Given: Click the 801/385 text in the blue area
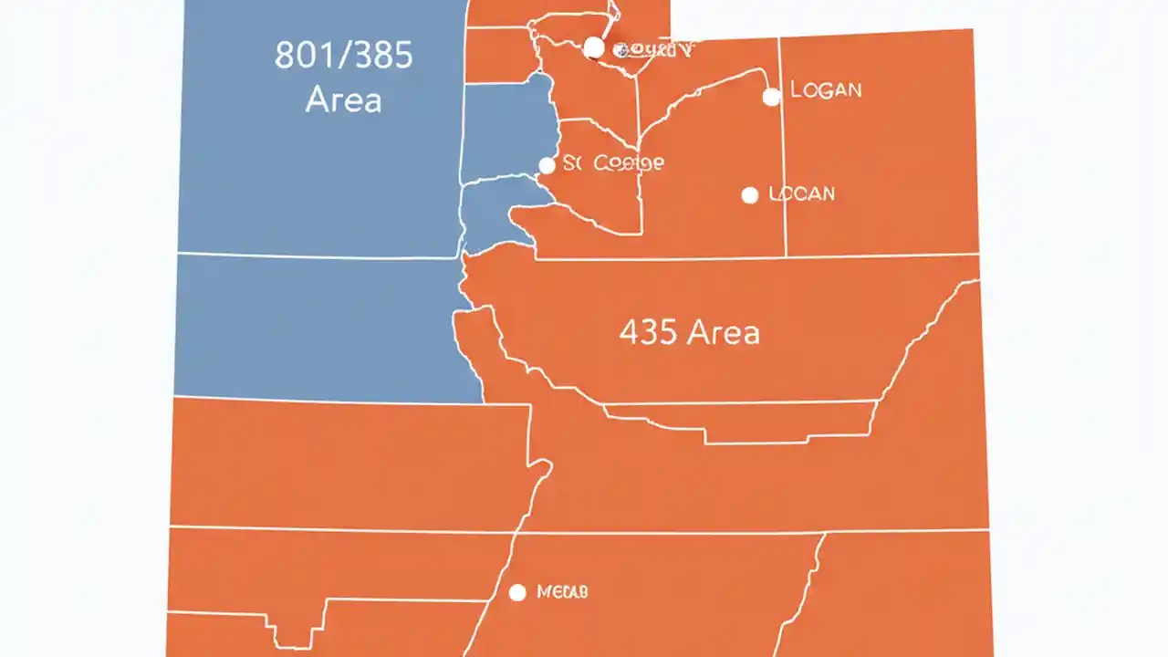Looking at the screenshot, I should (343, 57).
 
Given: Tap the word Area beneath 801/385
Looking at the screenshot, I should (343, 99).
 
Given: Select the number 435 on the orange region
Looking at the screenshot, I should (647, 332).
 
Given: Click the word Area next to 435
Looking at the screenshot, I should (723, 332).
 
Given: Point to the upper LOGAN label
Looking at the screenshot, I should (826, 89).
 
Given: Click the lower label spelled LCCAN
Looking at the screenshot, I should (802, 193).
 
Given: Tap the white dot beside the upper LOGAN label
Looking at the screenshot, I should (771, 97).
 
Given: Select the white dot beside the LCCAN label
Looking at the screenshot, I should (750, 194).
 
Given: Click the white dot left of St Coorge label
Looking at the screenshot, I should (547, 165).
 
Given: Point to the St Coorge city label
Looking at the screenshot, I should (613, 163).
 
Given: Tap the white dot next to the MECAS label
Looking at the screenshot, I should (517, 593).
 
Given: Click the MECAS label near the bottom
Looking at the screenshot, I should (562, 592).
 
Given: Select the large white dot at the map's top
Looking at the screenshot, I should (593, 47).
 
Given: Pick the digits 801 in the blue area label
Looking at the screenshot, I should (304, 57).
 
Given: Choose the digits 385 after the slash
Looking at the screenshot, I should (382, 57).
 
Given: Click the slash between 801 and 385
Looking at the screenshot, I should (341, 57).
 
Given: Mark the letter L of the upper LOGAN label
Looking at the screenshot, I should (795, 89).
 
